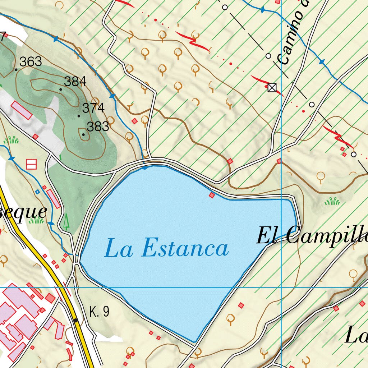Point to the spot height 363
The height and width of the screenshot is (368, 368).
pos(31,62)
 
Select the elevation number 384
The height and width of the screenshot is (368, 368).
pos(75,82)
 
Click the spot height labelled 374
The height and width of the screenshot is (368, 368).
pos(93,108)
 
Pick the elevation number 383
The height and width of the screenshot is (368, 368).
pos(98,126)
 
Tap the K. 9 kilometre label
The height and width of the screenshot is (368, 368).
pos(99,312)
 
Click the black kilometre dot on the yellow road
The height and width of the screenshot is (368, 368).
pos(75,320)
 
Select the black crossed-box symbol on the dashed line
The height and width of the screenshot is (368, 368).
pos(272,87)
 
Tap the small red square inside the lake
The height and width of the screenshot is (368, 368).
pos(212,195)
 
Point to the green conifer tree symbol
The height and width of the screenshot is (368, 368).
pos(66,221)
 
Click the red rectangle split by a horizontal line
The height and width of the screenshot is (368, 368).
pos(31,164)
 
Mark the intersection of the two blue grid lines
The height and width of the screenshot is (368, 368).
pos(281,287)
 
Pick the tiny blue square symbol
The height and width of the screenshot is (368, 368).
pos(37,192)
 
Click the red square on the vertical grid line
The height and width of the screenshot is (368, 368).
pos(279,161)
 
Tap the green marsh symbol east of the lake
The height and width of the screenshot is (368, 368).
pos(332,201)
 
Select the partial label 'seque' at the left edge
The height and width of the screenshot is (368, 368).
pos(23,212)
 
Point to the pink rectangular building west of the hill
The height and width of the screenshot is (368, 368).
pos(21,110)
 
